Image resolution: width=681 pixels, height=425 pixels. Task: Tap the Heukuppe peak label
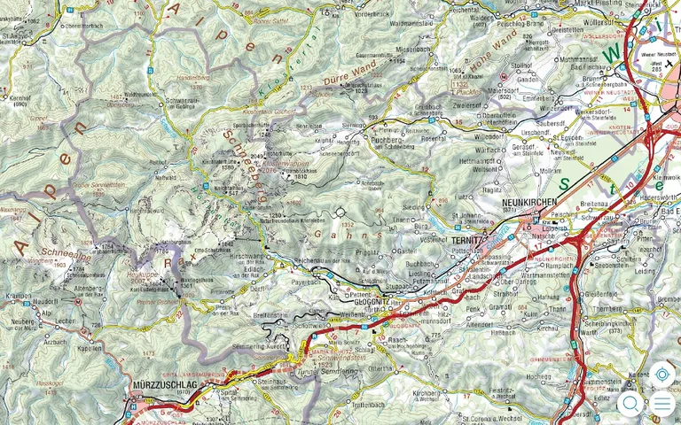(x=143, y=275)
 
